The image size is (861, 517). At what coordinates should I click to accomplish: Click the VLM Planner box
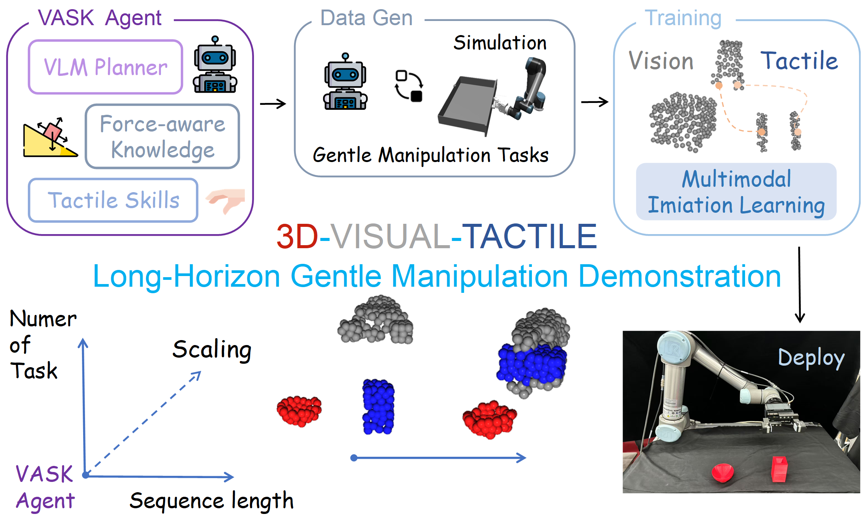point(105,67)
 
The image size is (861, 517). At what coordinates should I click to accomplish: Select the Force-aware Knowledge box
point(162,136)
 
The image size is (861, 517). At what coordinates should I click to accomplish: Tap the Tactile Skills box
point(113,200)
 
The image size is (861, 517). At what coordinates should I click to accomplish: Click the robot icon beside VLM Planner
point(215,66)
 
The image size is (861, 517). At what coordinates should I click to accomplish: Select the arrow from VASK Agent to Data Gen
point(273,104)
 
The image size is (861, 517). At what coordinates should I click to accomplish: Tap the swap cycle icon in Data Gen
point(409,86)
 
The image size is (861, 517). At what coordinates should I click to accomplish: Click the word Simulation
point(500,43)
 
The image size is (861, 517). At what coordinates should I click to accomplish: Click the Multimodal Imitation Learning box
point(736,192)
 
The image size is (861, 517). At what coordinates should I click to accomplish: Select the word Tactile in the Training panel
point(799,61)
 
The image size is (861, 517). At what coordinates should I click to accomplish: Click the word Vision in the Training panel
point(661,61)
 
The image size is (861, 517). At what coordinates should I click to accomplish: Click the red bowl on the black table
point(723,472)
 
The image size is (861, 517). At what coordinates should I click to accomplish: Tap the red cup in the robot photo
point(779,469)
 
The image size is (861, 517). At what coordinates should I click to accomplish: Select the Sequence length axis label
point(211,501)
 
